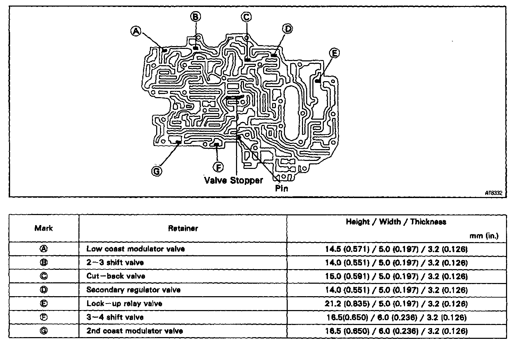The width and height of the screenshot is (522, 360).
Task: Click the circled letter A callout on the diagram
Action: click(x=136, y=31)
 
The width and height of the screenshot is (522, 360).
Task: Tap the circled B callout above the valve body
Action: click(x=195, y=16)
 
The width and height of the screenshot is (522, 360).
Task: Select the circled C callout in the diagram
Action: click(x=246, y=17)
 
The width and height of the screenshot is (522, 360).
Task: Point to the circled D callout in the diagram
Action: click(x=288, y=28)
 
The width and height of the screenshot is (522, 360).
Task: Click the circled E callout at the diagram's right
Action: click(x=334, y=53)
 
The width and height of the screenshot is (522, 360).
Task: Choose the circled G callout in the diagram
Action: click(x=157, y=171)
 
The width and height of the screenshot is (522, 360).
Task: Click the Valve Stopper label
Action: click(x=233, y=180)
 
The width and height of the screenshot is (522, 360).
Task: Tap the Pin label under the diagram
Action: click(x=281, y=189)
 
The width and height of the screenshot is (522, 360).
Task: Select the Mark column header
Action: click(x=44, y=228)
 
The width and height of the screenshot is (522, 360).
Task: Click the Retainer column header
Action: click(x=183, y=228)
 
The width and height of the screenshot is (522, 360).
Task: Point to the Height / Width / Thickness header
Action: click(x=396, y=222)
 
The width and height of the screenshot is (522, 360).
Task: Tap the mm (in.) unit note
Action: click(x=484, y=236)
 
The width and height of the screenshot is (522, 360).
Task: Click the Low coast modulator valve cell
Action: click(x=136, y=249)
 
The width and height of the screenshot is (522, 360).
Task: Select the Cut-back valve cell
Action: click(x=116, y=276)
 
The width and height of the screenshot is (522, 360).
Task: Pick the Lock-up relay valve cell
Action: click(x=124, y=304)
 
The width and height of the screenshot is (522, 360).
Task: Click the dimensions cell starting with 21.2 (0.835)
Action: click(x=396, y=304)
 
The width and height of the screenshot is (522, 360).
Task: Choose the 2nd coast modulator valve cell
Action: click(x=135, y=331)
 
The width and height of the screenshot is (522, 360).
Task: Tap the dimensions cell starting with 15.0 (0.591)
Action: click(x=396, y=276)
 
